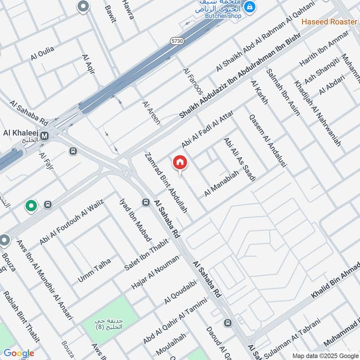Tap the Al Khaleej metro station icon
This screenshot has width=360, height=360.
[45, 135]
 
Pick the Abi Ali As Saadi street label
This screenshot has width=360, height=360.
[239, 159]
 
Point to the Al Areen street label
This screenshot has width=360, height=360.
[151, 113]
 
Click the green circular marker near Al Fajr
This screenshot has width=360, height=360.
[31, 206]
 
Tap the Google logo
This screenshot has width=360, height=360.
[18, 353]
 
